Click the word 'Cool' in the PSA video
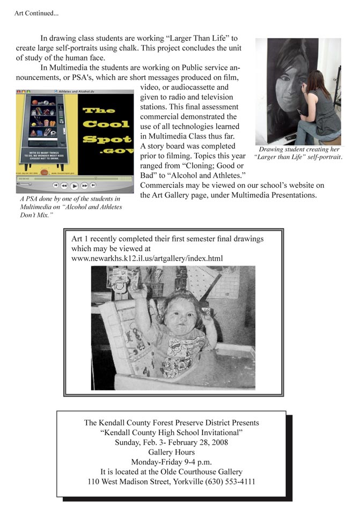coord(105,124)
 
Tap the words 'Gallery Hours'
coord(171,452)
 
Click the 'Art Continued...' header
coord(36,13)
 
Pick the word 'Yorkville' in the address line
coord(185,481)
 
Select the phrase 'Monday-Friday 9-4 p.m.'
coord(171,462)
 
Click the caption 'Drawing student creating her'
coord(298,150)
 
